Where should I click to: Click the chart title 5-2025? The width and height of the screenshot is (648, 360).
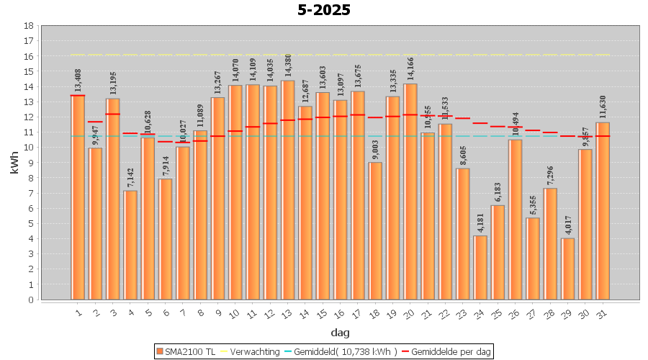(323, 10)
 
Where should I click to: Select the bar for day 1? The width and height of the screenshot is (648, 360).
(78, 197)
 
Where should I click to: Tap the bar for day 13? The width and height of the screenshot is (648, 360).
(288, 190)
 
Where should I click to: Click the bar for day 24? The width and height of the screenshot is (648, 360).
(480, 267)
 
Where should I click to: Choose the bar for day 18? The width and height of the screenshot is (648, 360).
(375, 230)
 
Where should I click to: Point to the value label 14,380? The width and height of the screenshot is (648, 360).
(288, 66)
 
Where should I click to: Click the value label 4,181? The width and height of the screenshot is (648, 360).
(480, 221)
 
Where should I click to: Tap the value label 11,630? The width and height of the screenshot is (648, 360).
(603, 107)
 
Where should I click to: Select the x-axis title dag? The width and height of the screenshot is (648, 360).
(340, 332)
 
